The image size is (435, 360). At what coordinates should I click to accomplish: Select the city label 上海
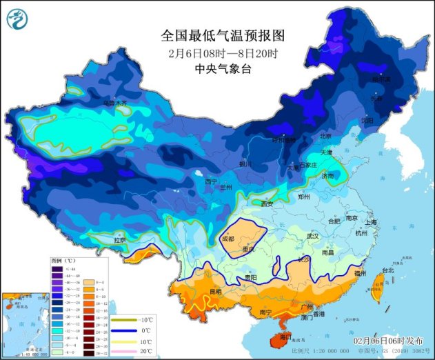[x=371, y=222]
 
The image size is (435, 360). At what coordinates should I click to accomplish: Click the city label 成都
[x=227, y=239]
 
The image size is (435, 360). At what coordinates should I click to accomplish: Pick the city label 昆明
[x=216, y=292]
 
